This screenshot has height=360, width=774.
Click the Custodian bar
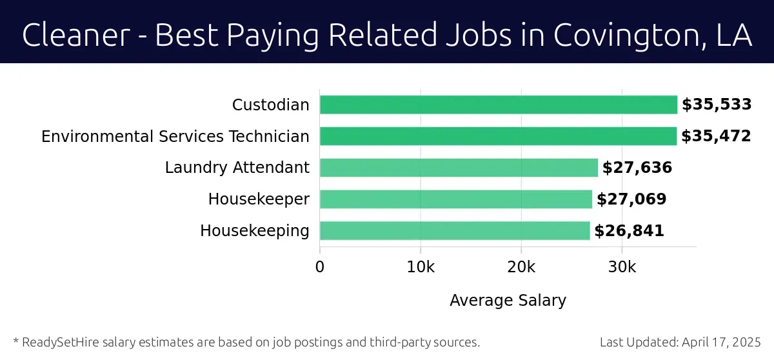point(499,105)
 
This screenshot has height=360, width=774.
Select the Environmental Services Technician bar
point(498,136)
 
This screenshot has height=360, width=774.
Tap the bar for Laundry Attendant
point(459,168)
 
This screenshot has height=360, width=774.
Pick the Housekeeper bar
point(456,199)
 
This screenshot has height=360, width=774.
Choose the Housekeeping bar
point(455,231)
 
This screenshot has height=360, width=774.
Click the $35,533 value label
point(717,105)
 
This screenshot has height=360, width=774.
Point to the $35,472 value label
point(716,136)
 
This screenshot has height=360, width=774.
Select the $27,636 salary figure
point(637,168)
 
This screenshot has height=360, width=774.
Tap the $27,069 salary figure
point(631,199)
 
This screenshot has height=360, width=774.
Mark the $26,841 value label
point(629,231)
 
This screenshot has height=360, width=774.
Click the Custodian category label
point(271,105)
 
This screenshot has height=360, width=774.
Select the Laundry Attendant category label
point(237,168)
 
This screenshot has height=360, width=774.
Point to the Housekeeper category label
point(259,199)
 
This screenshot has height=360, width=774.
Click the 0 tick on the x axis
point(320,267)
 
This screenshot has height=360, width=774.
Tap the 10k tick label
point(421,267)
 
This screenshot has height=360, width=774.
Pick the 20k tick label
point(521,267)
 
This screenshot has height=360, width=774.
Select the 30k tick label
point(622,267)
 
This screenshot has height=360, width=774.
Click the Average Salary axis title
point(508,300)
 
